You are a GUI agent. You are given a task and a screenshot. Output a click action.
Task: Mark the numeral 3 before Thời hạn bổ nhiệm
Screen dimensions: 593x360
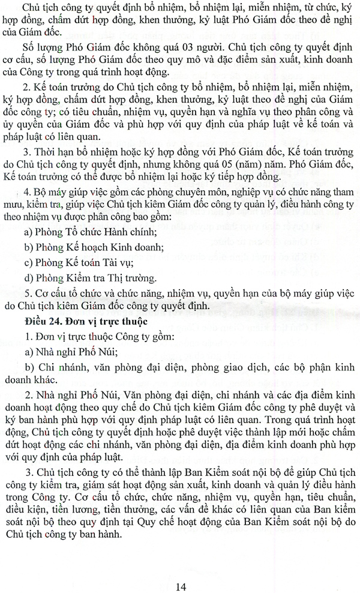click(28, 149)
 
